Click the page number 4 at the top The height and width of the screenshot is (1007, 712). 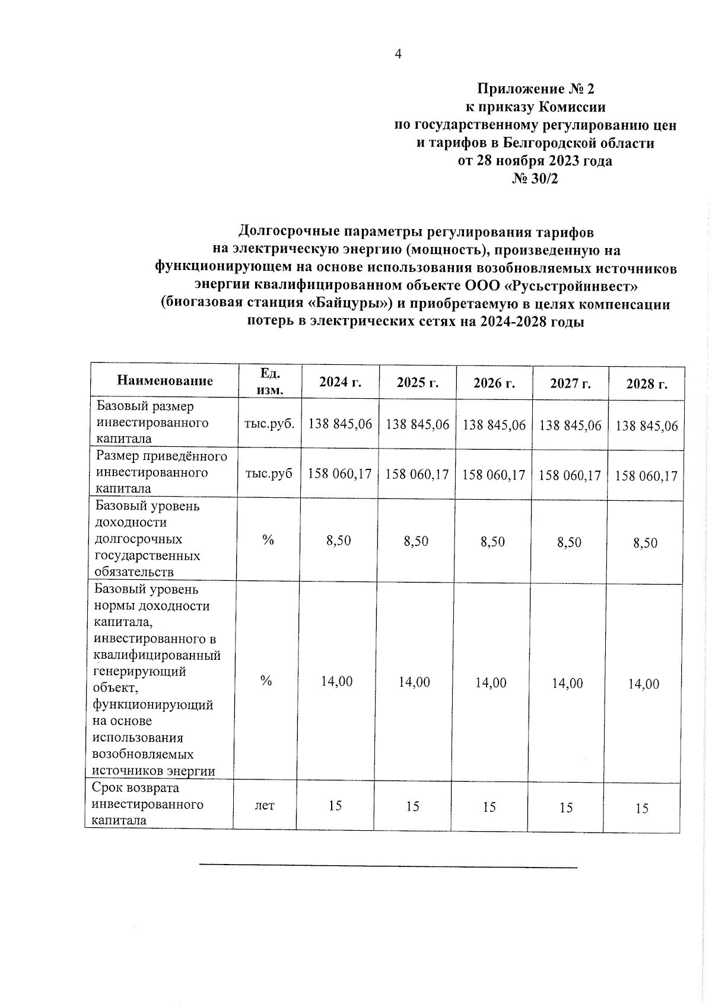tap(398, 54)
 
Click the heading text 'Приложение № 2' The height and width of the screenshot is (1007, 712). tap(535, 89)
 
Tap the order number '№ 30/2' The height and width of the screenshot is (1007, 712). tap(535, 178)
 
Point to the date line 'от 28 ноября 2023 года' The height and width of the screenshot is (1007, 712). tap(535, 160)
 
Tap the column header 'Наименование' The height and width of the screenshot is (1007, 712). tap(165, 380)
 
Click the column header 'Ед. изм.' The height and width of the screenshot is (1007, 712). tap(270, 381)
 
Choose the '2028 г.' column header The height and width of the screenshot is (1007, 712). tap(647, 384)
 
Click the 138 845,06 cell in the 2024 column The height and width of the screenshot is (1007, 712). tap(340, 424)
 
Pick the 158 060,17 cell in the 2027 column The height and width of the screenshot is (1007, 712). tap(570, 475)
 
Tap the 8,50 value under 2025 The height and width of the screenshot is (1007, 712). tap(415, 541)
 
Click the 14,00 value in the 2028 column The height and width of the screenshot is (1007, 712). tap(644, 684)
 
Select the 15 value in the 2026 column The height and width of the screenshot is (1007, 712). tap(489, 806)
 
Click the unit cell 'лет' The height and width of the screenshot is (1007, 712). tap(265, 805)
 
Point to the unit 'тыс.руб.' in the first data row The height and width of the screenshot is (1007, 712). tap(269, 424)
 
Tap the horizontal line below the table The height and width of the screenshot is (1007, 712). tap(387, 868)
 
